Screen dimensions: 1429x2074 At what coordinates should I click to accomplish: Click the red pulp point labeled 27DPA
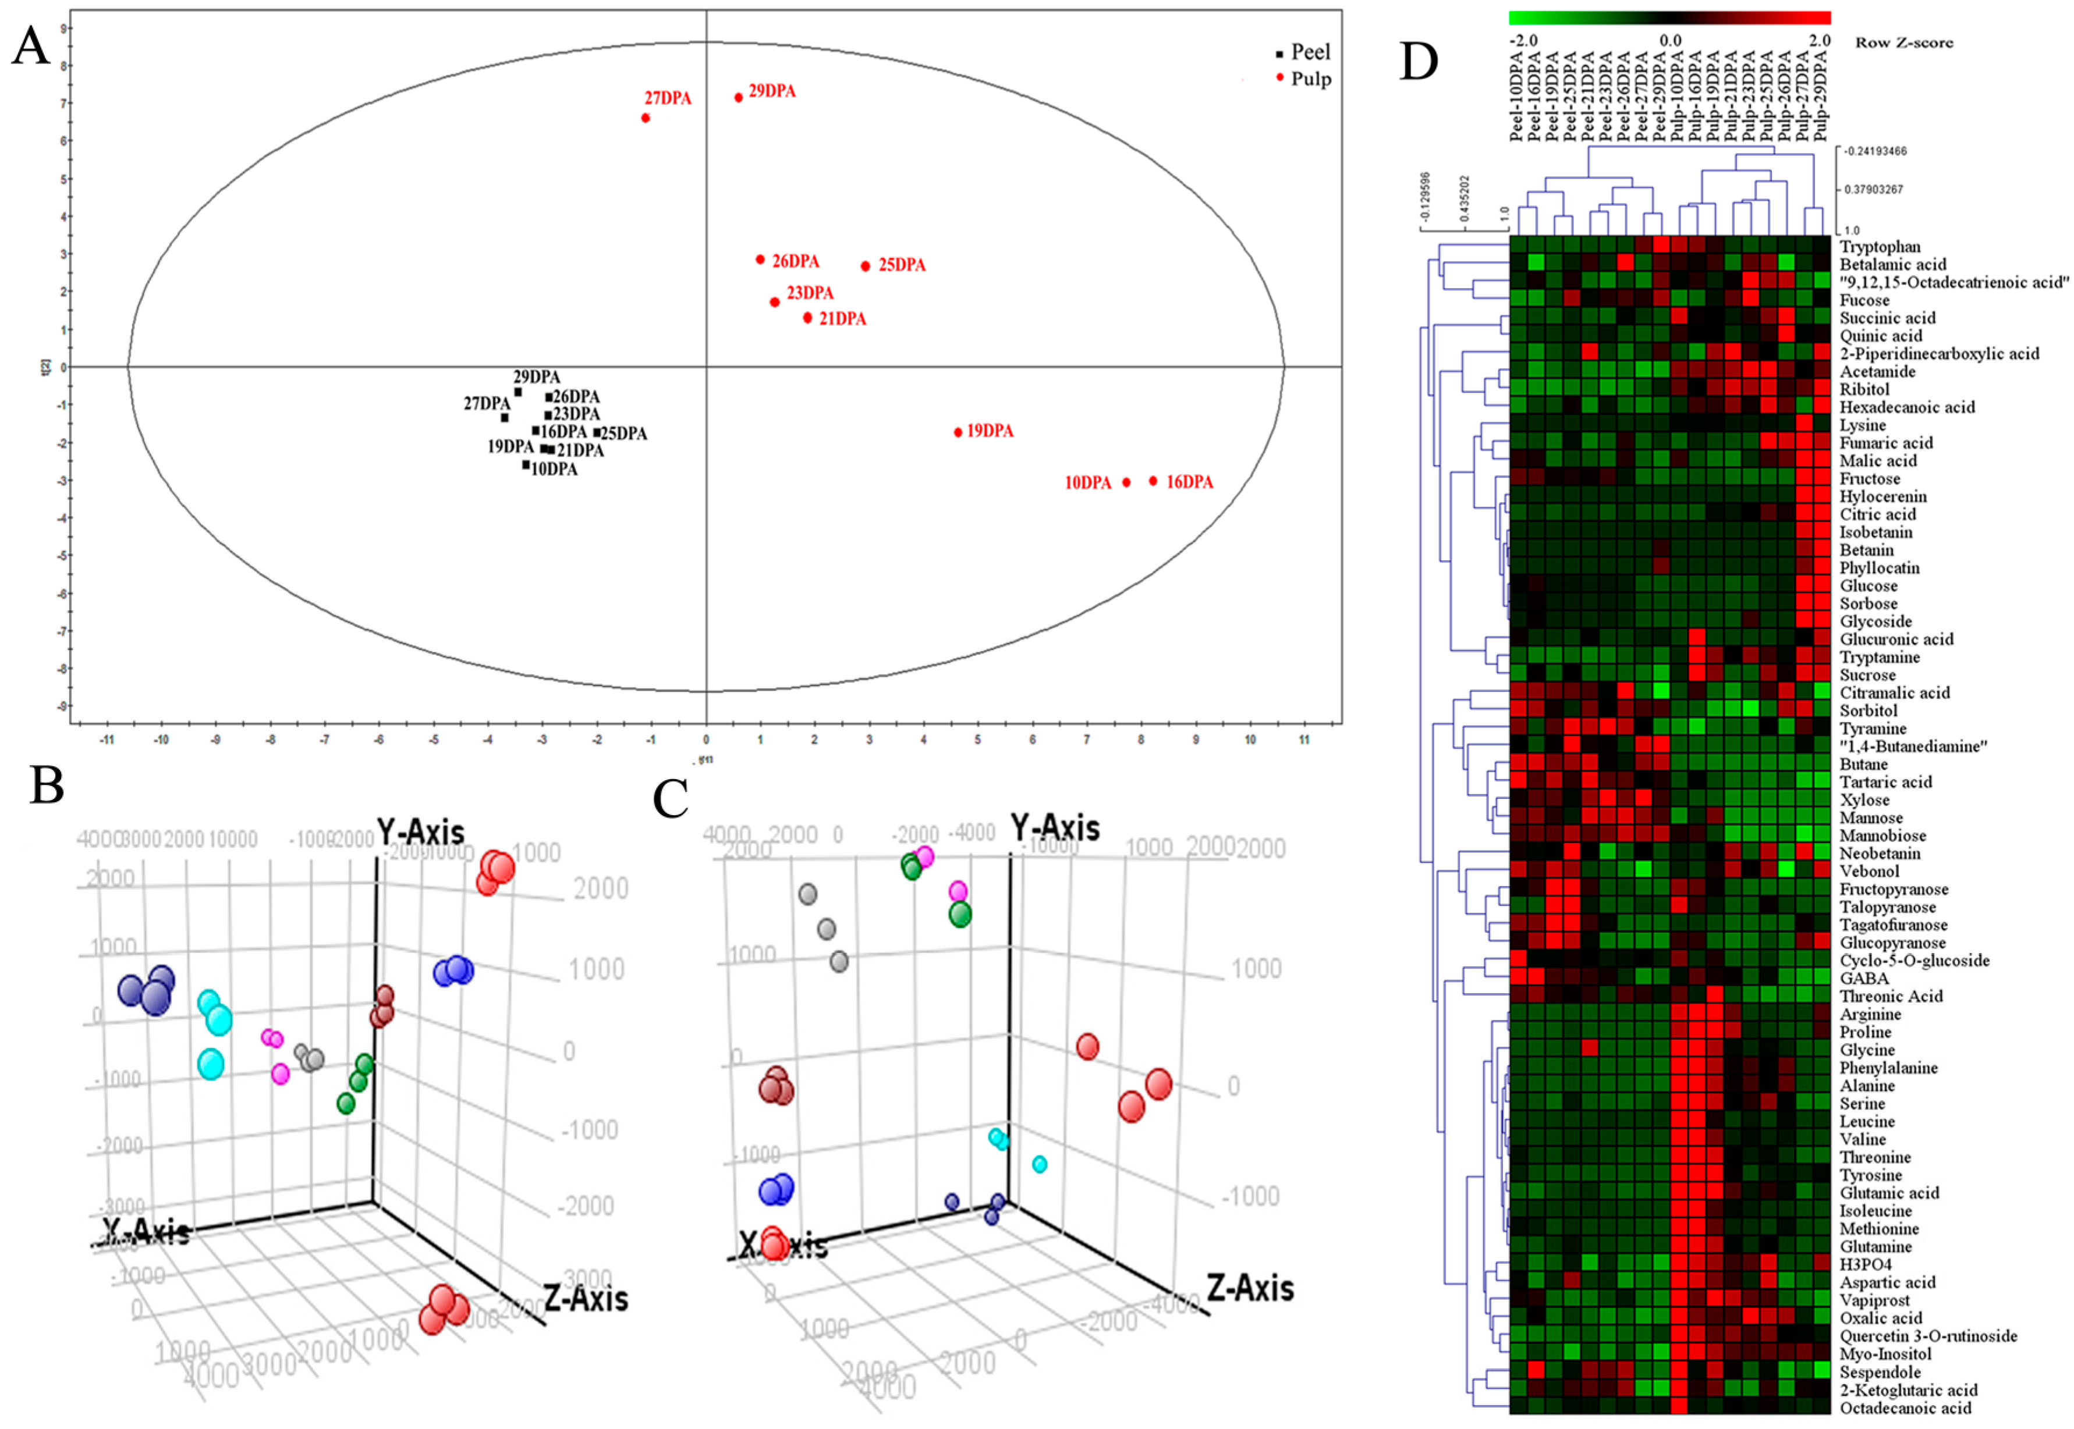pyautogui.click(x=646, y=118)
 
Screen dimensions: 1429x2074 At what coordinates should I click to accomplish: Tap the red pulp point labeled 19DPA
pyautogui.click(x=958, y=432)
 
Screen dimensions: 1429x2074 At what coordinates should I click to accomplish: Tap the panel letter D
pyautogui.click(x=1419, y=61)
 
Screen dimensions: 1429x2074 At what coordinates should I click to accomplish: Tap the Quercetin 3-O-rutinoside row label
pyautogui.click(x=1928, y=1336)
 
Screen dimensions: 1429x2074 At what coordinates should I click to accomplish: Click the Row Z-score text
pyautogui.click(x=1904, y=42)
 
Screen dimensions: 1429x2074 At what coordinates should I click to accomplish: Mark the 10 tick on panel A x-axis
pyautogui.click(x=1250, y=740)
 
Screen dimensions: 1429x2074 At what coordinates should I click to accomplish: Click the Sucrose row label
pyautogui.click(x=1867, y=675)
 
